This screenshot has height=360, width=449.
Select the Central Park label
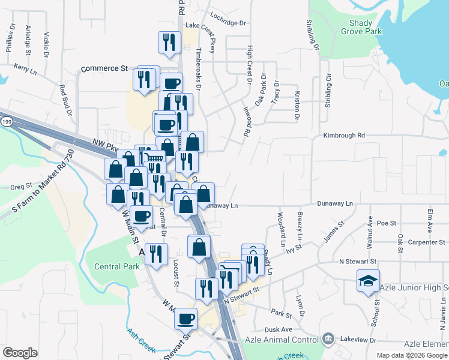point(112,266)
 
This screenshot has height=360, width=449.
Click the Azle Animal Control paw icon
point(328,340)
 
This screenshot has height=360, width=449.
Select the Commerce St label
point(104,68)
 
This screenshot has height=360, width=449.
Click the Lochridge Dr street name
point(227,23)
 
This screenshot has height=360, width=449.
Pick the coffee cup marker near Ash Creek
point(185,317)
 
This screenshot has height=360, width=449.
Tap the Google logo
point(20,353)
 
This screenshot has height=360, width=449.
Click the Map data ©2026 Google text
point(412,355)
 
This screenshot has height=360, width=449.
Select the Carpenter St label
point(424,242)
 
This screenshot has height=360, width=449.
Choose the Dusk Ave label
point(278,329)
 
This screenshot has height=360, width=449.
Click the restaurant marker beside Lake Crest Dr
point(169,42)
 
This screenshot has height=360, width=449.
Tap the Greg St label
point(20,187)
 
